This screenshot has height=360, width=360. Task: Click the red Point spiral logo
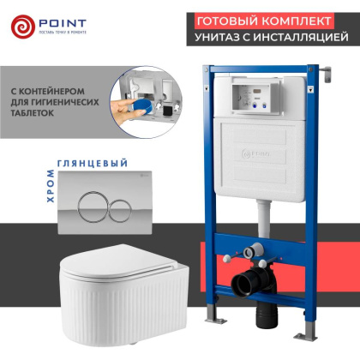pyautogui.click(x=24, y=27)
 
